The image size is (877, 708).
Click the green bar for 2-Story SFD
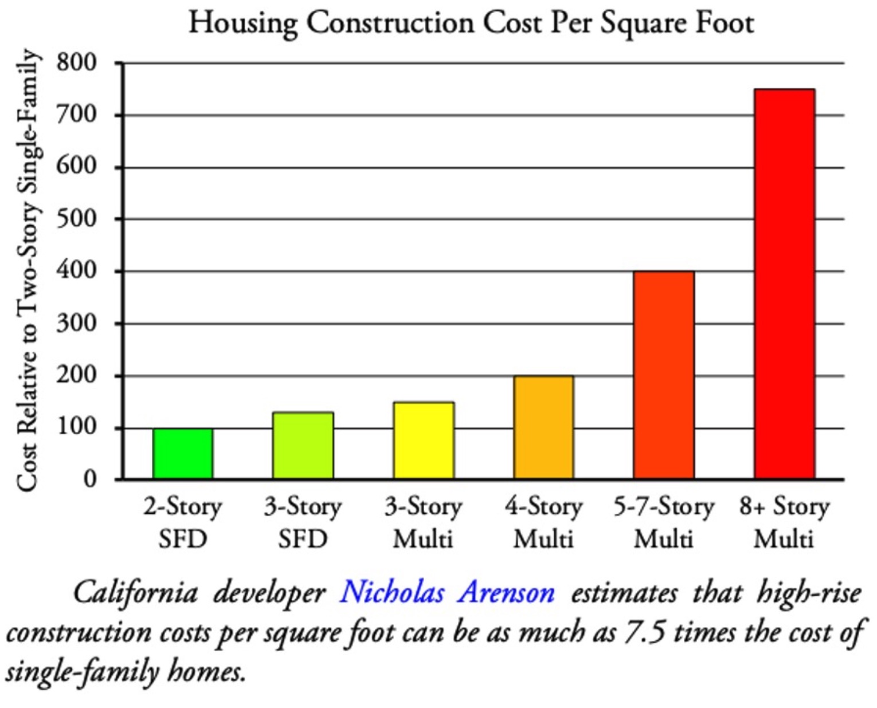click(182, 454)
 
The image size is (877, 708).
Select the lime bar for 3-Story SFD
click(303, 446)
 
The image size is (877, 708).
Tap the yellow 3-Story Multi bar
click(424, 440)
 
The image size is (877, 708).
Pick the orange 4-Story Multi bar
click(543, 427)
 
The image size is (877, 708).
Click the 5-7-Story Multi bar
click(664, 375)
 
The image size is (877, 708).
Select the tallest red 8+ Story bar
click(784, 284)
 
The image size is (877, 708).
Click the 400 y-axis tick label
click(77, 270)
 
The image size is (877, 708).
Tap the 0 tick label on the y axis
click(90, 479)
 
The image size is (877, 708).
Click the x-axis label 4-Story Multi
click(543, 522)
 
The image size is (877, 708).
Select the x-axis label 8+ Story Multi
click(784, 522)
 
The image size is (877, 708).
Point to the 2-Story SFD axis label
click(182, 522)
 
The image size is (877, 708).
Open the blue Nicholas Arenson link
click(447, 592)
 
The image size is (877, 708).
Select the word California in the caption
click(135, 592)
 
